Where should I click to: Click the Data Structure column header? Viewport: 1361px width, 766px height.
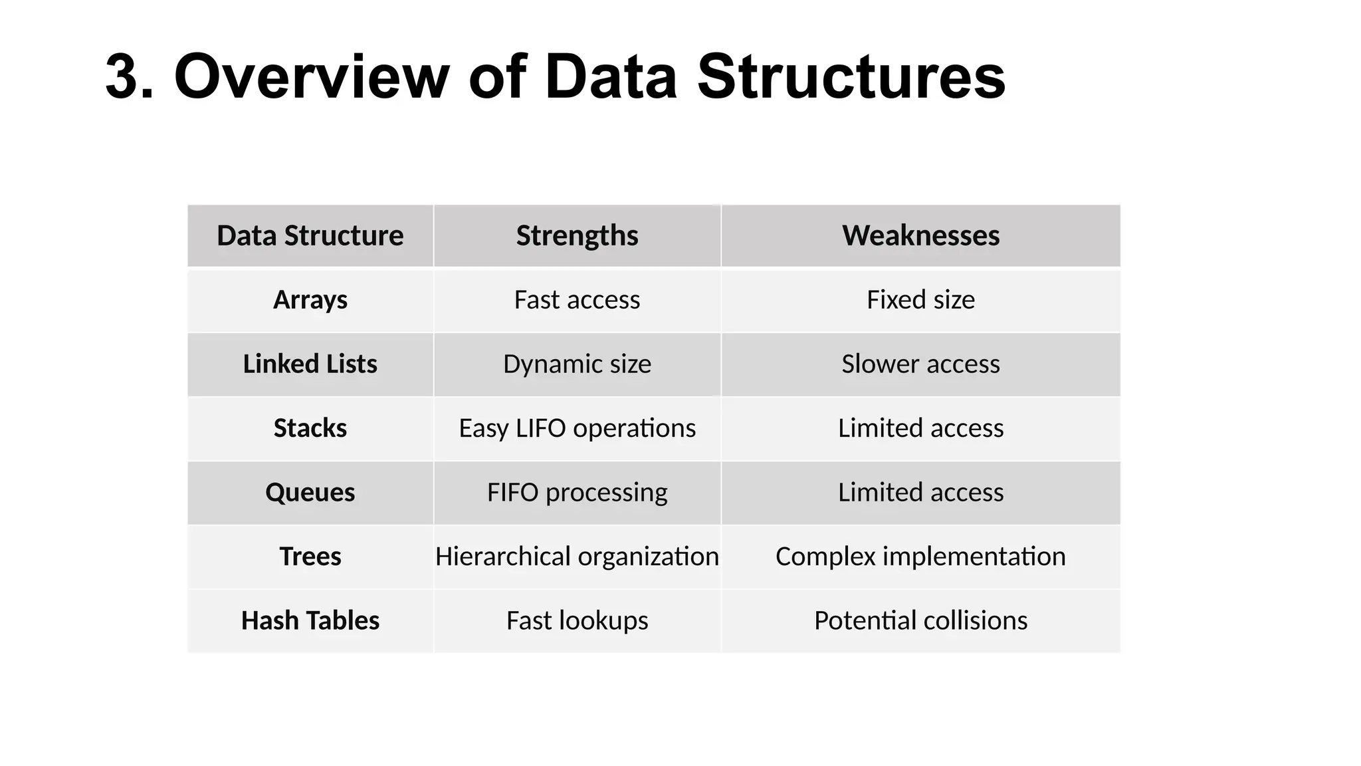pyautogui.click(x=310, y=236)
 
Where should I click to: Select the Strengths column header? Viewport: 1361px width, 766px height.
pyautogui.click(x=577, y=236)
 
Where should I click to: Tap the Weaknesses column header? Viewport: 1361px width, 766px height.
pyautogui.click(x=920, y=236)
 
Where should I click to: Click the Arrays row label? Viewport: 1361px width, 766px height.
pyautogui.click(x=310, y=300)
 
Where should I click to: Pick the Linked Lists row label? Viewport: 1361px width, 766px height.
pyautogui.click(x=310, y=364)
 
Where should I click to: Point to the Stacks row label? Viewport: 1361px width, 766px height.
pyautogui.click(x=310, y=428)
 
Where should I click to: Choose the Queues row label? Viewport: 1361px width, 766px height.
pyautogui.click(x=310, y=493)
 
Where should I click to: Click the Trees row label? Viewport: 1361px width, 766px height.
pyautogui.click(x=310, y=557)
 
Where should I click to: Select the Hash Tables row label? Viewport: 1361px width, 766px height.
pyautogui.click(x=310, y=621)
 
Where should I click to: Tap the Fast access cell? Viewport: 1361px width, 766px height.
pyautogui.click(x=577, y=300)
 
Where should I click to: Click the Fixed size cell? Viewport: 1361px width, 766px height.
pyautogui.click(x=920, y=300)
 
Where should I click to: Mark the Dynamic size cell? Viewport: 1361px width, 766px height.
pyautogui.click(x=577, y=364)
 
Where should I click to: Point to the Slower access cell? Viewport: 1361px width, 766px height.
pyautogui.click(x=920, y=364)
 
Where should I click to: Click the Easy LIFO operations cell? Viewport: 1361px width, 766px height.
pyautogui.click(x=577, y=428)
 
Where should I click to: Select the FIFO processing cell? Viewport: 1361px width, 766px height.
pyautogui.click(x=577, y=493)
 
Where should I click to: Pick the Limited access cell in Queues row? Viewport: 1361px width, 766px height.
pyautogui.click(x=920, y=493)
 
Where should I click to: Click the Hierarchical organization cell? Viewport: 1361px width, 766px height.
pyautogui.click(x=577, y=557)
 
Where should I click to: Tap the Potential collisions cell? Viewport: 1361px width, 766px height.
pyautogui.click(x=920, y=621)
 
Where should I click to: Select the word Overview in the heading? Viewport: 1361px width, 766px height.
pyautogui.click(x=312, y=77)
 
